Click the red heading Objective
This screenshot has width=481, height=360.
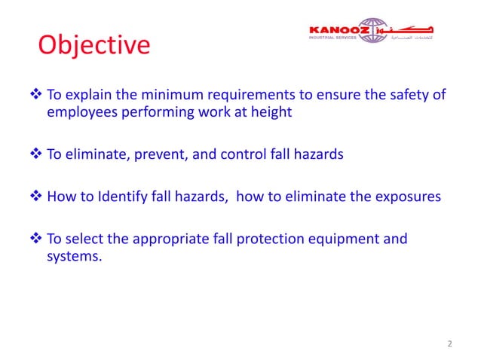point(94,46)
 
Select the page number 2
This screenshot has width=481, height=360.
point(450,344)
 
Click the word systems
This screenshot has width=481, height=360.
point(72,256)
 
